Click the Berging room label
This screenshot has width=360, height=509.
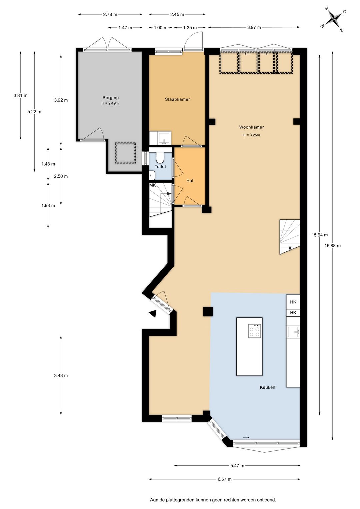pyautogui.click(x=111, y=98)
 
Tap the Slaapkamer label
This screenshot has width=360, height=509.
pyautogui.click(x=177, y=99)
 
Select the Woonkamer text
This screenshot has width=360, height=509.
pyautogui.click(x=251, y=127)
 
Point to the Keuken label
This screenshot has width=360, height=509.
pyautogui.click(x=267, y=387)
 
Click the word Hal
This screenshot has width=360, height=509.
pyautogui.click(x=190, y=181)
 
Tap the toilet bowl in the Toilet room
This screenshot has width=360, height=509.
pyautogui.click(x=160, y=158)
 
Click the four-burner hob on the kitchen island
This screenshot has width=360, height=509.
pyautogui.click(x=254, y=331)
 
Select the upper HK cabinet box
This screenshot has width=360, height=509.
pyautogui.click(x=293, y=302)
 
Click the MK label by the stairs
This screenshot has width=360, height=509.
pyautogui.click(x=153, y=185)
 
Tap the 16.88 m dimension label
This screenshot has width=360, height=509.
pyautogui.click(x=333, y=245)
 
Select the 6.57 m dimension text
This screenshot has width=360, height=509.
pyautogui.click(x=225, y=479)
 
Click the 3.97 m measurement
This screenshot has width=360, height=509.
pyautogui.click(x=254, y=27)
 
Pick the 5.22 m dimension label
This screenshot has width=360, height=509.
pyautogui.click(x=34, y=112)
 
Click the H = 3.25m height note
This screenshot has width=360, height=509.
pyautogui.click(x=251, y=135)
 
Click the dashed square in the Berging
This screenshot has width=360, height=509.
pyautogui.click(x=125, y=153)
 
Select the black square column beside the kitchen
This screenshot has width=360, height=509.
pyautogui.click(x=208, y=311)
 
